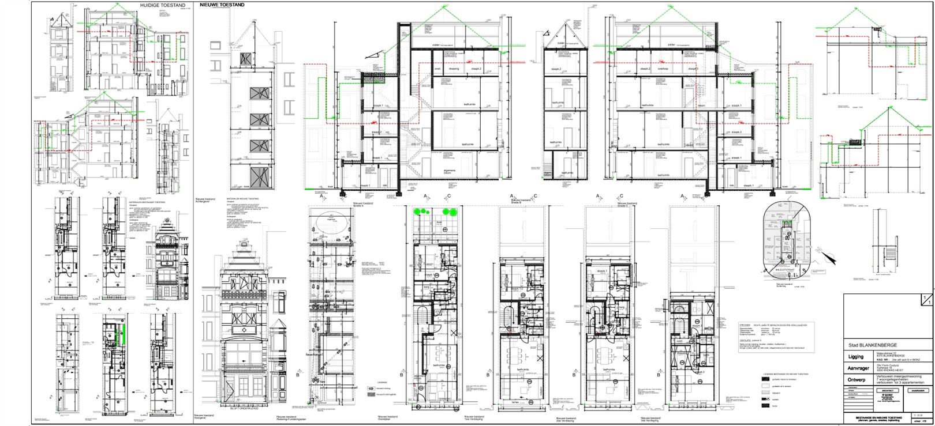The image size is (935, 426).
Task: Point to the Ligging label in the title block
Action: [x=855, y=357]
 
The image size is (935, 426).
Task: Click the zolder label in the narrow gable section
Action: [x=560, y=44]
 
